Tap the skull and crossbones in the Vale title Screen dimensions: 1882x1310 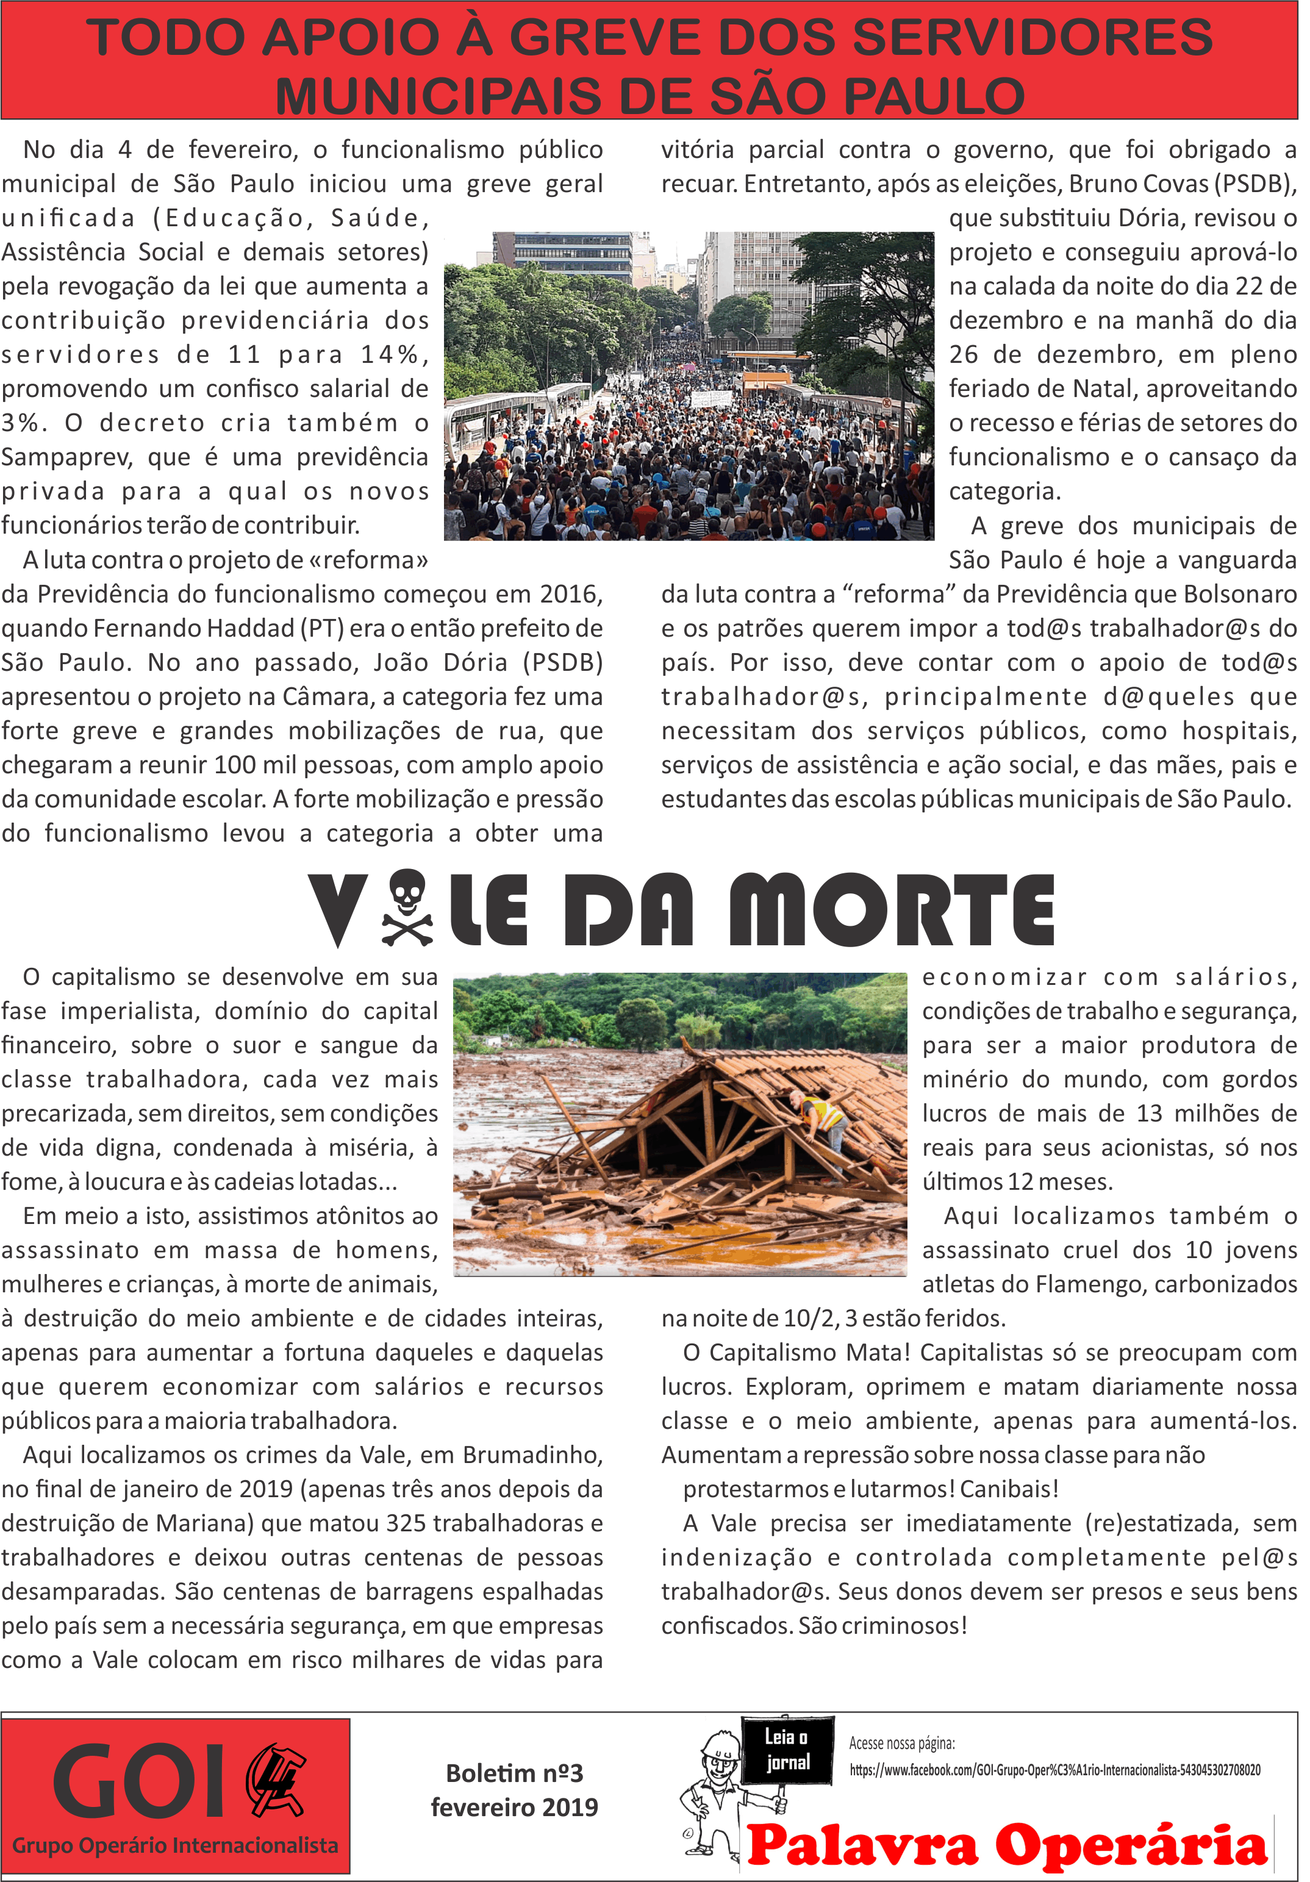pos(407,907)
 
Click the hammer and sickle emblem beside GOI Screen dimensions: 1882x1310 pos(276,1778)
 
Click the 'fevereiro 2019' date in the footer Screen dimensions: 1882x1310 pos(514,1808)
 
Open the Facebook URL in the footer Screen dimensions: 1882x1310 pos(1054,1770)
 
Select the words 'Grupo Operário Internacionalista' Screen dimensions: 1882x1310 pos(174,1845)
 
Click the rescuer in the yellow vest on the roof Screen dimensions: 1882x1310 pos(820,1115)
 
